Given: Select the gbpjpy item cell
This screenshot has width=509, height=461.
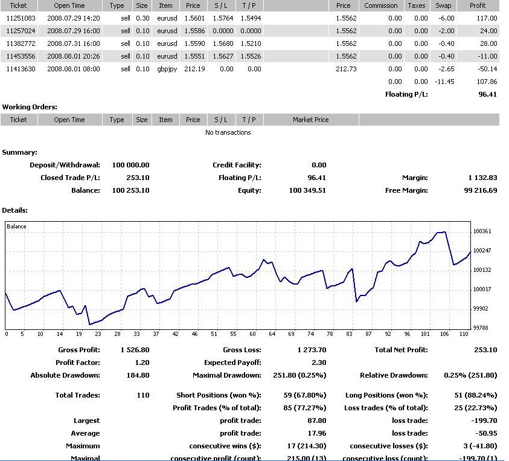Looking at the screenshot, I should [166, 69].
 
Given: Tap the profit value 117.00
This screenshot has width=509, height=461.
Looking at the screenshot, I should [486, 18].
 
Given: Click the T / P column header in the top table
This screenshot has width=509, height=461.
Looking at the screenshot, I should [249, 5].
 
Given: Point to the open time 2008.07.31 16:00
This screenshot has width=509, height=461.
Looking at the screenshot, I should [73, 44].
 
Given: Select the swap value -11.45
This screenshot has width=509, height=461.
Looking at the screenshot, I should [446, 82].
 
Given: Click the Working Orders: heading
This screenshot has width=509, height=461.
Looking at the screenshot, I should [30, 107].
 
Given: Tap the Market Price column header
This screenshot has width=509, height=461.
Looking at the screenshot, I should [310, 120].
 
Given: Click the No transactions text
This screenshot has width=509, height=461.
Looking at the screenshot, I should [228, 132].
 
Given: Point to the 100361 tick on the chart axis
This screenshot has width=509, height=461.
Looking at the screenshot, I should [482, 231].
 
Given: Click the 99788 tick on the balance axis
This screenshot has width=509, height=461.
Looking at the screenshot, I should [482, 328].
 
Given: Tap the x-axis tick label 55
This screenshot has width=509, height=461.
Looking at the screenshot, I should [233, 334].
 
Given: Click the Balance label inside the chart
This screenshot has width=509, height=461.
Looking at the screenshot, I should [17, 227].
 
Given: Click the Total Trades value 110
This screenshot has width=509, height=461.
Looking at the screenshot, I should [143, 395].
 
